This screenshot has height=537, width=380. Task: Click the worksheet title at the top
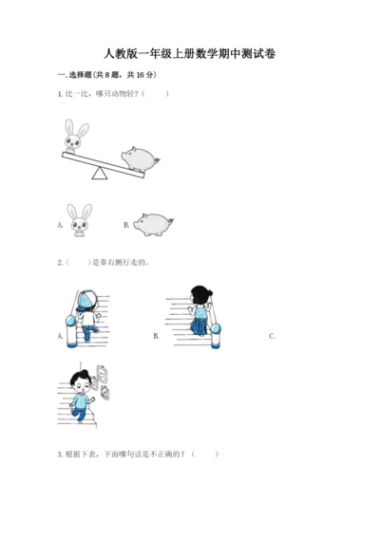[190, 54]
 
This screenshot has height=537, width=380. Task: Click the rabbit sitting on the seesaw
[76, 136]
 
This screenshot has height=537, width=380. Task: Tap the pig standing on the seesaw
[141, 158]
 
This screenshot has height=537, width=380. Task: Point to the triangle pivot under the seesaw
[100, 173]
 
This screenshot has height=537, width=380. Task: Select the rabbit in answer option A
[80, 220]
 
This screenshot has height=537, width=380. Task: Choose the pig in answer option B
[153, 224]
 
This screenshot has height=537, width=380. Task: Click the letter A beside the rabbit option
[60, 225]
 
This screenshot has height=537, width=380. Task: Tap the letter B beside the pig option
[126, 225]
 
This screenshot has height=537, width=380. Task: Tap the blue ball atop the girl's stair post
[216, 328]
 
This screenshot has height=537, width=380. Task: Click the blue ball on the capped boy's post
[70, 321]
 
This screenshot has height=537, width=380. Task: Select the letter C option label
[272, 336]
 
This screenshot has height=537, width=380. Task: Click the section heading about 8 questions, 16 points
[107, 75]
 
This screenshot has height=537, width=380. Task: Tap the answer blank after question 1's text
[156, 94]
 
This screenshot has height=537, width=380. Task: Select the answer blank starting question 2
[78, 263]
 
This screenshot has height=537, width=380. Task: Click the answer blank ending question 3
[205, 454]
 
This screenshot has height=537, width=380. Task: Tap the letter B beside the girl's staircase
[156, 336]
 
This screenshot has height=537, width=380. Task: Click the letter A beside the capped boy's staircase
[60, 336]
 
